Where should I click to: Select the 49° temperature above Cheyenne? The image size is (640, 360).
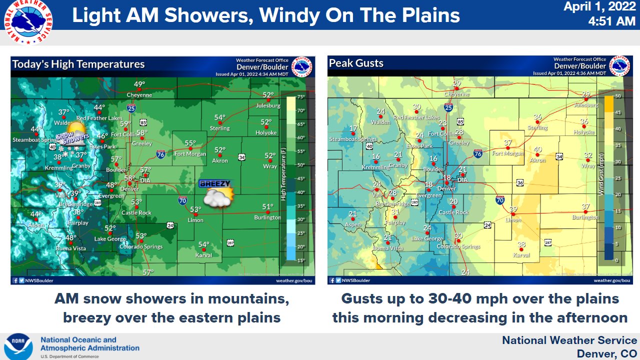point(139,84)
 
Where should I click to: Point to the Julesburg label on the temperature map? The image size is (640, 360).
point(268,105)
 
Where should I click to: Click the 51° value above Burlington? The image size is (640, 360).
point(268,207)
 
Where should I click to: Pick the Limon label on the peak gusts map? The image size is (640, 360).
point(513,220)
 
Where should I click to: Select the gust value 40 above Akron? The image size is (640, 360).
point(537,149)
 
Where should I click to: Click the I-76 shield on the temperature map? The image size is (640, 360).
point(160,154)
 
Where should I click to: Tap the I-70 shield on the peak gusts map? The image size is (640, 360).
point(499,200)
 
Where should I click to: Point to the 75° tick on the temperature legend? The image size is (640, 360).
point(301,97)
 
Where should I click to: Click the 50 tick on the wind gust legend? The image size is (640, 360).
point(618,96)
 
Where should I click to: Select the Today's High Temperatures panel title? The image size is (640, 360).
point(78,64)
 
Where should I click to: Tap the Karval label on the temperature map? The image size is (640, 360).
point(203,255)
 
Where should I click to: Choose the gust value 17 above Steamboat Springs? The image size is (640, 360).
point(353,128)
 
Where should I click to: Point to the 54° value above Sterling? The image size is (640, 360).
point(220,118)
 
